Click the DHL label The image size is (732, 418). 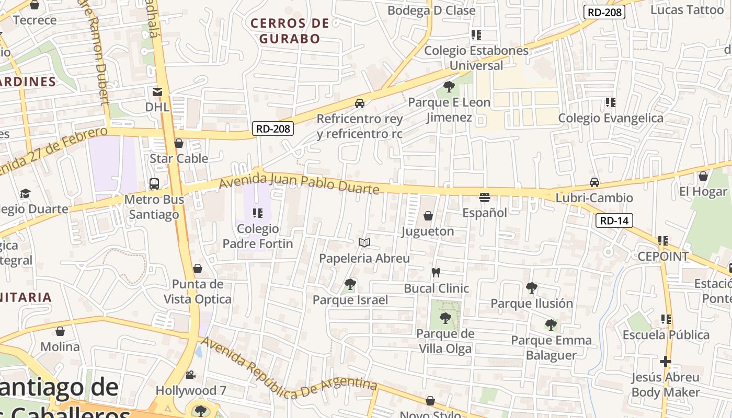pos(157,107)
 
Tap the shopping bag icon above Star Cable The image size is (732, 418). pos(179,143)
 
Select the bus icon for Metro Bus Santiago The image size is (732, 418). pos(154,184)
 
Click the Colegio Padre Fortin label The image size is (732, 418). pos(258,236)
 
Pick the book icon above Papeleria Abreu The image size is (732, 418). pos(364,243)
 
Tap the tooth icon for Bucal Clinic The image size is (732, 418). pos(436,273)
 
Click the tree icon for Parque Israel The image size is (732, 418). pos(350,284)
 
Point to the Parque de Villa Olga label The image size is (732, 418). pos(445,341)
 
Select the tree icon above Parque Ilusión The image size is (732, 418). pos(532,287)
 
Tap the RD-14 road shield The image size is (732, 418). pos(614,220)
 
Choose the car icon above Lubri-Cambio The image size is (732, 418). pos(594,182)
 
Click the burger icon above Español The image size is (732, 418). pos(485,198)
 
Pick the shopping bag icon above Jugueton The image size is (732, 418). pos(428,216)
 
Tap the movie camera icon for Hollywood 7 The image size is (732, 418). pos(191,375)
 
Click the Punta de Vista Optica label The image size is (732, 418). pos(198,292)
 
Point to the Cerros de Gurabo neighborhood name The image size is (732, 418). pos(290,31)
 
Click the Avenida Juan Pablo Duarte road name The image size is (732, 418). pos(299,185)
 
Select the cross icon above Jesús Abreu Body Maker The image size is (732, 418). pos(665,362)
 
